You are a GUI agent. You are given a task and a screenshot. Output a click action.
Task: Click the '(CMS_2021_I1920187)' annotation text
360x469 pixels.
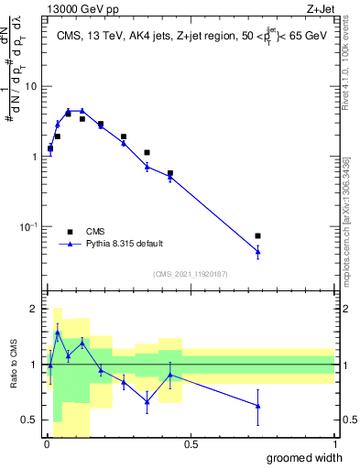pos(191,273)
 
